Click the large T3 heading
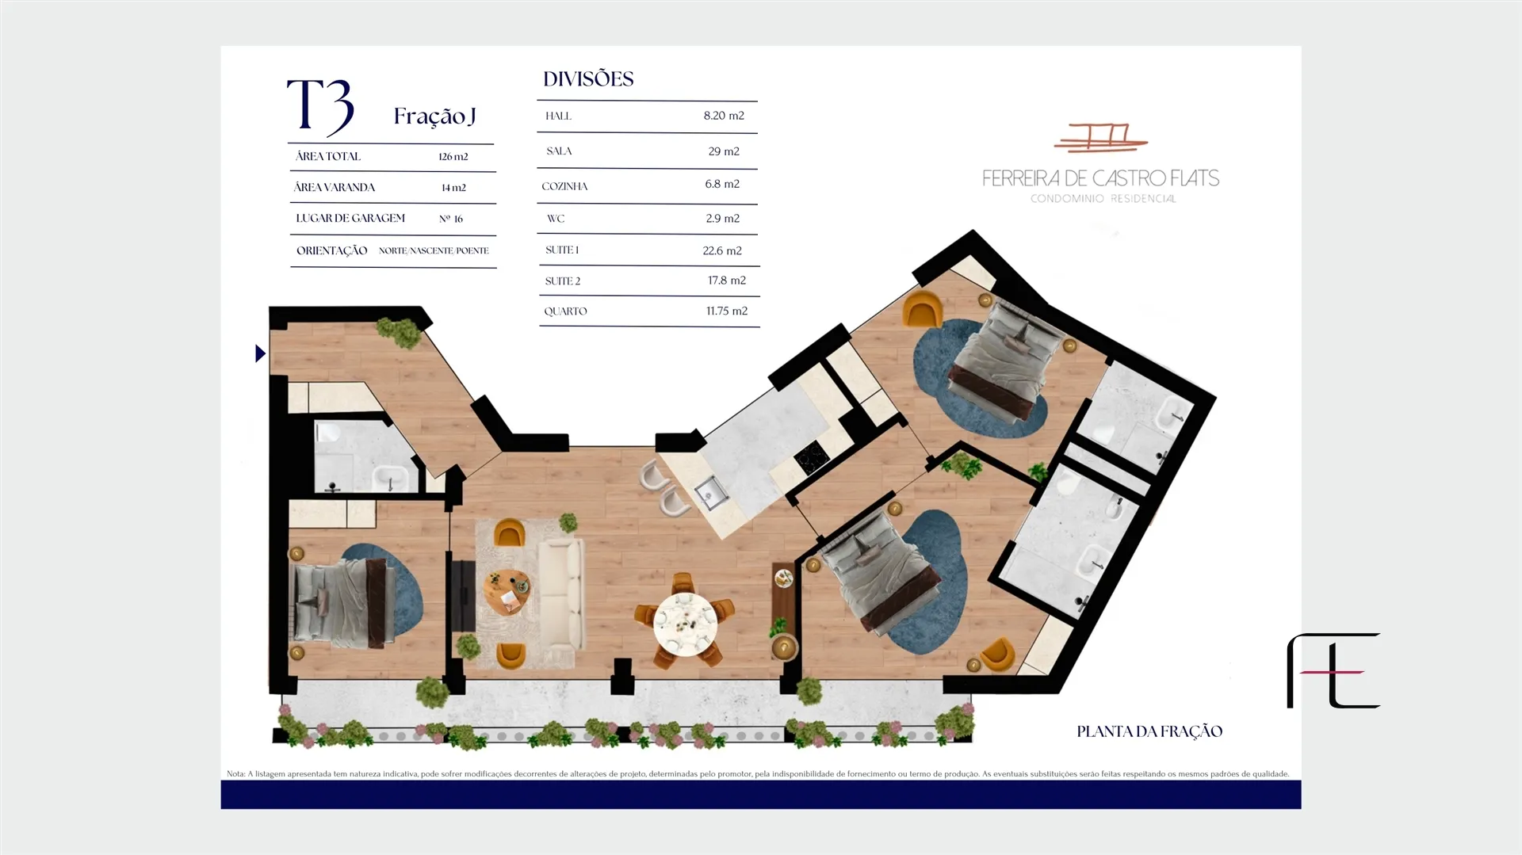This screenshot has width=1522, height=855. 320,106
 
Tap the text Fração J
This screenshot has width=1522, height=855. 434,116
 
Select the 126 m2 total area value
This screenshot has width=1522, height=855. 453,157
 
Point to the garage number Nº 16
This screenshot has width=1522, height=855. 451,219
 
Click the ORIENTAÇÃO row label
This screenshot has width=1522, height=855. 331,250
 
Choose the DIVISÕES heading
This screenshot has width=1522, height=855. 588,79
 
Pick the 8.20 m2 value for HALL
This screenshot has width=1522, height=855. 724,116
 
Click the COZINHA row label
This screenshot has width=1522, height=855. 564,186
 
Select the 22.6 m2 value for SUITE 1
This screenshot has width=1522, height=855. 722,250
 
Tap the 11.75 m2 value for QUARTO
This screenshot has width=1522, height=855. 727,311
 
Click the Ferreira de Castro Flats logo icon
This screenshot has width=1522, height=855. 1100,138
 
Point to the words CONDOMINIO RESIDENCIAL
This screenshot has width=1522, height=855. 1103,199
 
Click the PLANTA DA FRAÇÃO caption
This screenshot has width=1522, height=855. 1149,731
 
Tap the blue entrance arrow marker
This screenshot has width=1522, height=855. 260,353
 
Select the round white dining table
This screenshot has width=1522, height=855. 685,624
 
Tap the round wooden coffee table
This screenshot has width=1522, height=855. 507,592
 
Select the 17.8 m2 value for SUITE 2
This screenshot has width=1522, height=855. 727,281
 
